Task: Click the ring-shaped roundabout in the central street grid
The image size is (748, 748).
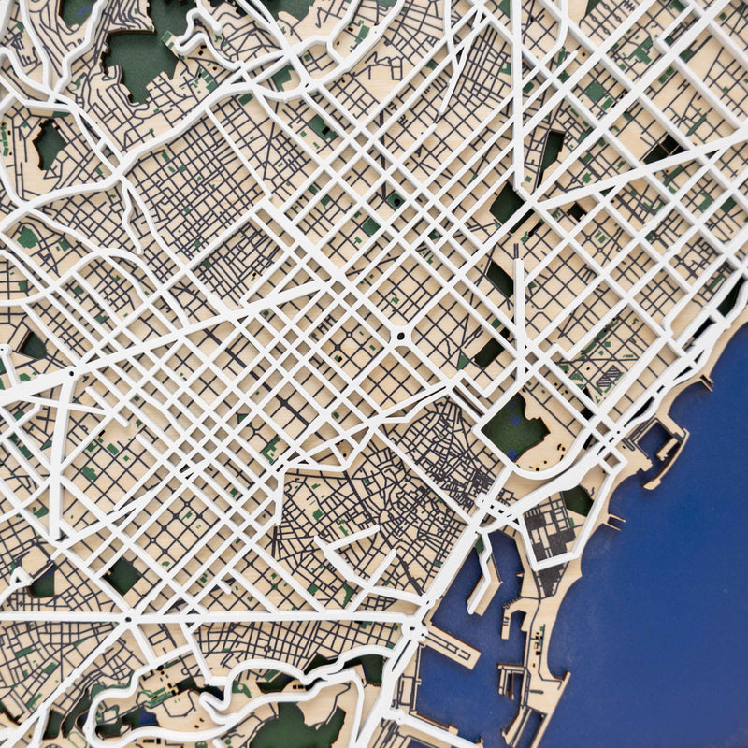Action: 400,334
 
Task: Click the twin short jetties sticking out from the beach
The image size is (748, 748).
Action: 613,519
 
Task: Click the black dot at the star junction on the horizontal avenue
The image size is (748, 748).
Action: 127,618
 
